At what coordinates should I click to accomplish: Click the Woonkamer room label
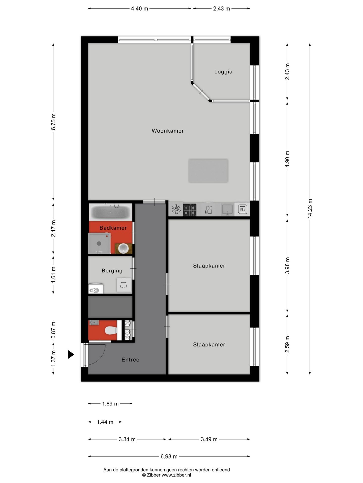(168, 131)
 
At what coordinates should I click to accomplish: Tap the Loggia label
(223, 72)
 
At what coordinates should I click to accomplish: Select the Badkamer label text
(113, 228)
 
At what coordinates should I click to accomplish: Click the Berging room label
(112, 271)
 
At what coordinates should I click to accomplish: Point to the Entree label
(130, 360)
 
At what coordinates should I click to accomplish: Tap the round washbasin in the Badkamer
(124, 248)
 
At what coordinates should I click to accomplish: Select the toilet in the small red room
(110, 330)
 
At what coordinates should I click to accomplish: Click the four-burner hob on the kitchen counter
(190, 210)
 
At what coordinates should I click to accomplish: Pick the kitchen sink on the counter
(227, 209)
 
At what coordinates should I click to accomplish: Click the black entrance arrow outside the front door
(71, 354)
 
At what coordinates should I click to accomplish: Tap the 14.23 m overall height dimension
(310, 208)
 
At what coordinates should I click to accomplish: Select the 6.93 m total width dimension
(169, 456)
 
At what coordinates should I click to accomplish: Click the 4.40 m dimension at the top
(139, 9)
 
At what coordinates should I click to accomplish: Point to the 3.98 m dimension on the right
(287, 266)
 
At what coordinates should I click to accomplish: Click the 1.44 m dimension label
(105, 422)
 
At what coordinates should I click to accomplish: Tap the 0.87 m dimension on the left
(53, 330)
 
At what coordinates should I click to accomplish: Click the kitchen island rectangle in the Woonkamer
(208, 170)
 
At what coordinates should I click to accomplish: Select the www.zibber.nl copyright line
(166, 475)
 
